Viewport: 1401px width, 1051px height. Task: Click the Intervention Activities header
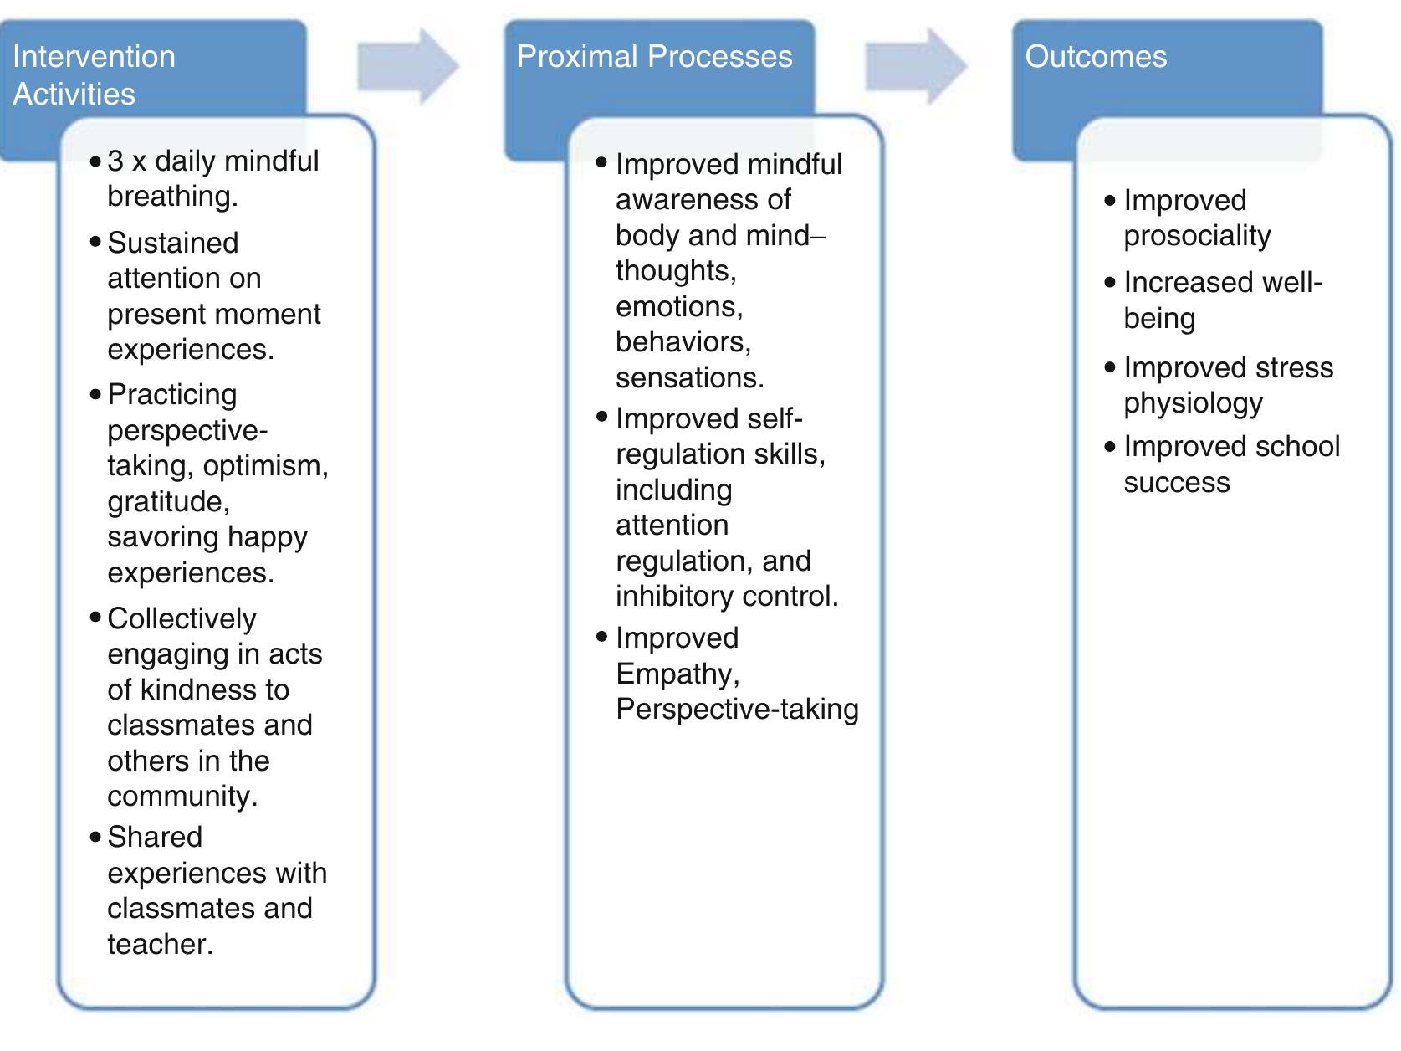[x=94, y=74]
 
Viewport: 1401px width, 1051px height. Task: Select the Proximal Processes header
[x=654, y=57]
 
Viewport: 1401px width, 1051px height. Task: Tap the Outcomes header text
[x=1095, y=57]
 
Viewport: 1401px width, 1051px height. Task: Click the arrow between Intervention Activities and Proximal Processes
[x=408, y=67]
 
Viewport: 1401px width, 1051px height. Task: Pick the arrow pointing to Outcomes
[x=915, y=67]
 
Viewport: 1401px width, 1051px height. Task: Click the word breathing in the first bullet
[x=171, y=197]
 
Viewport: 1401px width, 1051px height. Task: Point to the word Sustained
[x=172, y=244]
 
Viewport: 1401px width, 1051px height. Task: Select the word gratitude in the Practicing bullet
[x=167, y=502]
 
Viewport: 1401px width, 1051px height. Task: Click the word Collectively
[x=182, y=619]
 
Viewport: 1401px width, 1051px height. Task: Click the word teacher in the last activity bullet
[x=159, y=945]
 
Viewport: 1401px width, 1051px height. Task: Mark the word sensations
[x=689, y=378]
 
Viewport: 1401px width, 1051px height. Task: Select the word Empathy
[x=677, y=674]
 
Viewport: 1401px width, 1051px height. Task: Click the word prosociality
[x=1196, y=237]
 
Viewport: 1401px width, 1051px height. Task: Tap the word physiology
[x=1192, y=404]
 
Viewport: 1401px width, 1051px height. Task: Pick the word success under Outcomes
[x=1176, y=483]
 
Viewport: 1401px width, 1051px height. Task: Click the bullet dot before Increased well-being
[x=1110, y=283]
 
